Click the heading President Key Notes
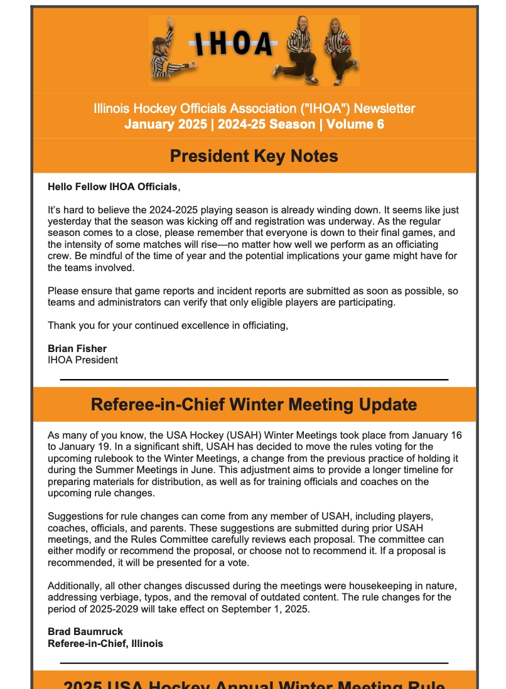pyautogui.click(x=254, y=156)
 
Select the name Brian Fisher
pyautogui.click(x=77, y=348)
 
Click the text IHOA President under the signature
pyautogui.click(x=83, y=360)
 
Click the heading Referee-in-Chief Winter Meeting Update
pyautogui.click(x=254, y=405)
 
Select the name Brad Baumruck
pyautogui.click(x=85, y=632)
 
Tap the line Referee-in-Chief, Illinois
pyautogui.click(x=105, y=643)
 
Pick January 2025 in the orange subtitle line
pyautogui.click(x=165, y=124)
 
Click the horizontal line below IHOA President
pyautogui.click(x=254, y=380)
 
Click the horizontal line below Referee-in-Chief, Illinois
pyautogui.click(x=254, y=663)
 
